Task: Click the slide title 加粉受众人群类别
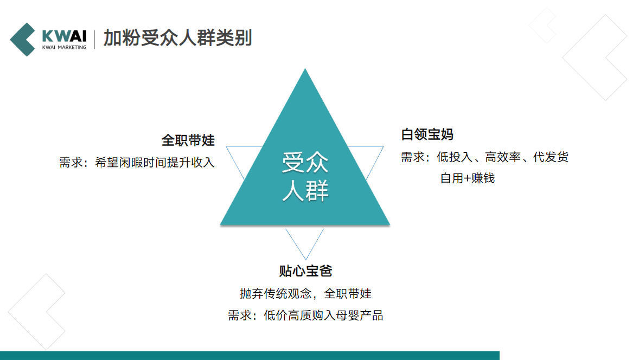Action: click(x=177, y=38)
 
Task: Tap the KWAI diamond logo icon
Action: click(x=24, y=39)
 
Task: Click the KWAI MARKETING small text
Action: click(x=64, y=48)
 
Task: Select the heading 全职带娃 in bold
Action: click(x=188, y=140)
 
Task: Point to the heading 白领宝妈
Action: click(x=427, y=134)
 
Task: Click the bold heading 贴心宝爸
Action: click(x=305, y=271)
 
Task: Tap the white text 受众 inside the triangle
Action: click(x=305, y=163)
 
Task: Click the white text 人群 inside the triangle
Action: click(x=305, y=191)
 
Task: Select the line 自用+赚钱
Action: click(x=467, y=178)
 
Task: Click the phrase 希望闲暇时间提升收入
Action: click(x=155, y=162)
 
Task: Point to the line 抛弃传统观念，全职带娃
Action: click(x=305, y=293)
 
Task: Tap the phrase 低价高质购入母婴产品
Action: click(x=323, y=316)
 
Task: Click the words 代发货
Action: click(x=551, y=158)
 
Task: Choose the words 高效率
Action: click(x=503, y=158)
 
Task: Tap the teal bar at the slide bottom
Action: click(x=250, y=355)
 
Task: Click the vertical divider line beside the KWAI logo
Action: click(x=94, y=39)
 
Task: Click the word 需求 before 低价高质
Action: click(x=239, y=316)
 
